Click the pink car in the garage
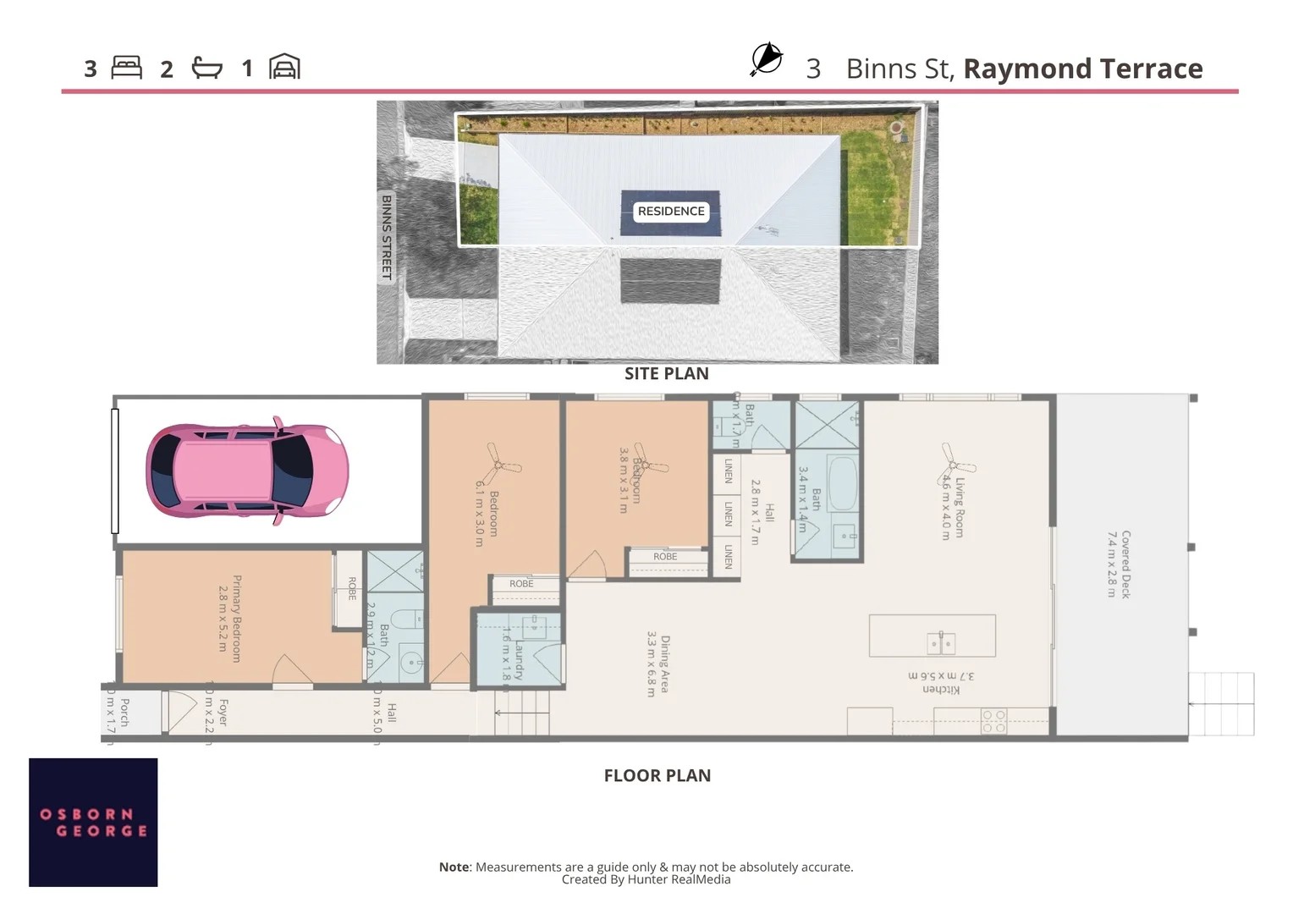(x=247, y=469)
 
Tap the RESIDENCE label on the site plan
(x=670, y=212)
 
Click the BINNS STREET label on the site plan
(x=387, y=238)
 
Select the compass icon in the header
(x=766, y=59)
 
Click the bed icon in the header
(x=126, y=68)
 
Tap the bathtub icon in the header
(x=206, y=68)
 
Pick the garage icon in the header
(x=284, y=67)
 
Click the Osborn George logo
(x=93, y=822)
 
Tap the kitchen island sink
(x=941, y=642)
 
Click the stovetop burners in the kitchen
(x=993, y=721)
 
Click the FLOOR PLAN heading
(x=657, y=775)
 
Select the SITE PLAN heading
(x=666, y=373)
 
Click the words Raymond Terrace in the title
(x=1082, y=69)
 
